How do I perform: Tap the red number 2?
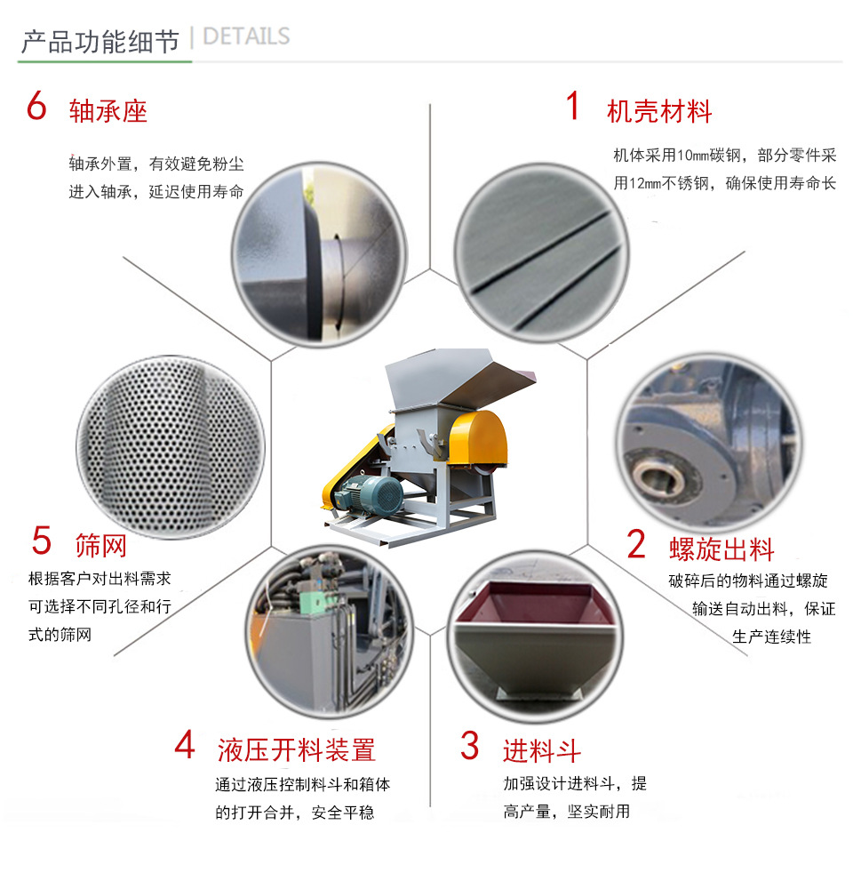point(636,544)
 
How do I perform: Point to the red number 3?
point(469,746)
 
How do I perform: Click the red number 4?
point(184,746)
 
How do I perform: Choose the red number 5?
point(42,540)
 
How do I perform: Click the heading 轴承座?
point(108,111)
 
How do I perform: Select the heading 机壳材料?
point(659,111)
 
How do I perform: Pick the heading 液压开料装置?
point(297,750)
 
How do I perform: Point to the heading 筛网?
point(100,545)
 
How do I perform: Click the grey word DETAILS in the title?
point(246,36)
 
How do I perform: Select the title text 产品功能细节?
point(100,41)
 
